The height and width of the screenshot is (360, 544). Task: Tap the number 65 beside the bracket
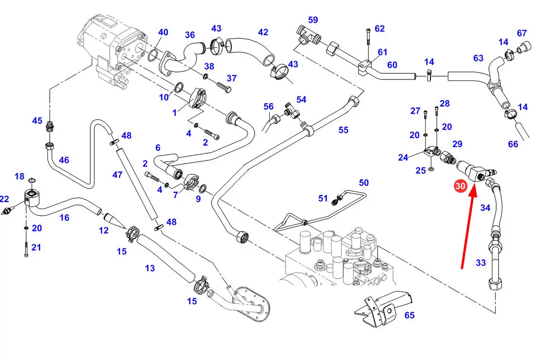pyautogui.click(x=409, y=315)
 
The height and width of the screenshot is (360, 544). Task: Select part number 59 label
pyautogui.click(x=313, y=20)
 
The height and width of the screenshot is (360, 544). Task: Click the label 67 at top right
pyautogui.click(x=522, y=33)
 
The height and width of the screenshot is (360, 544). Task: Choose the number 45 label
pyautogui.click(x=37, y=121)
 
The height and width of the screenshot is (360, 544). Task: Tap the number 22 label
pyautogui.click(x=4, y=199)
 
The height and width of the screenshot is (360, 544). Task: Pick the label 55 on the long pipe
pyautogui.click(x=343, y=129)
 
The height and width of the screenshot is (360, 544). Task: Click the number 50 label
pyautogui.click(x=363, y=183)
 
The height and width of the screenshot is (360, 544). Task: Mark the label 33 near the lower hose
pyautogui.click(x=481, y=263)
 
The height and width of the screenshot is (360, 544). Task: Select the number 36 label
pyautogui.click(x=190, y=35)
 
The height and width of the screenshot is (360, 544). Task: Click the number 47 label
pyautogui.click(x=117, y=175)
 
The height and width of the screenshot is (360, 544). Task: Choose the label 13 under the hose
pyautogui.click(x=150, y=268)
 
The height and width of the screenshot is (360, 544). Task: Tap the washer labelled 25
pyautogui.click(x=431, y=169)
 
